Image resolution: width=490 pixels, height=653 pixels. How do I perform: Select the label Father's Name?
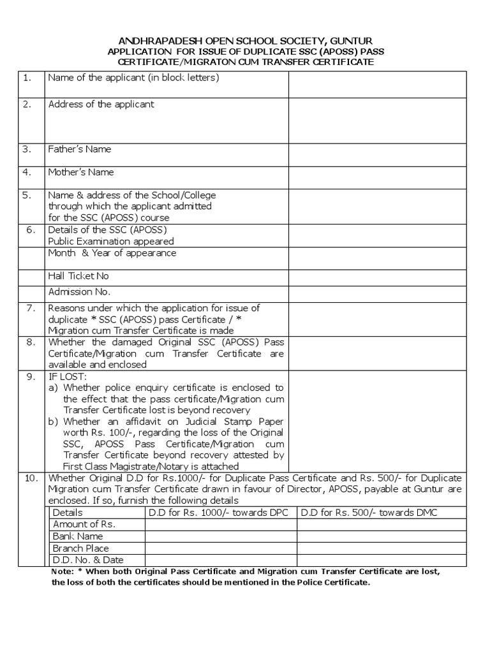(80, 149)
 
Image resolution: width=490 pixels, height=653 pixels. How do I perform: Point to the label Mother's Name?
(81, 172)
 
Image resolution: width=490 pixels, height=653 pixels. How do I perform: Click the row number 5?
(27, 195)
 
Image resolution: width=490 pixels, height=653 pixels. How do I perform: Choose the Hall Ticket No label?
(78, 275)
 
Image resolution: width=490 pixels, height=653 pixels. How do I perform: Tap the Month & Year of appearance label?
(112, 253)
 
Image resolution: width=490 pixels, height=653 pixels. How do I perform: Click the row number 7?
(29, 308)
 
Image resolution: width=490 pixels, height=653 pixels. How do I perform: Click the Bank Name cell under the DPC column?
(221, 536)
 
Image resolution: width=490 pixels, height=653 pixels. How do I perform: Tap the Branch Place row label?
(81, 548)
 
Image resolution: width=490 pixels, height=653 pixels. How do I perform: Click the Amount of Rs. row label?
(84, 524)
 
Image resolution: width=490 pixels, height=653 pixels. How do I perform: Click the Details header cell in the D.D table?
(68, 513)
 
